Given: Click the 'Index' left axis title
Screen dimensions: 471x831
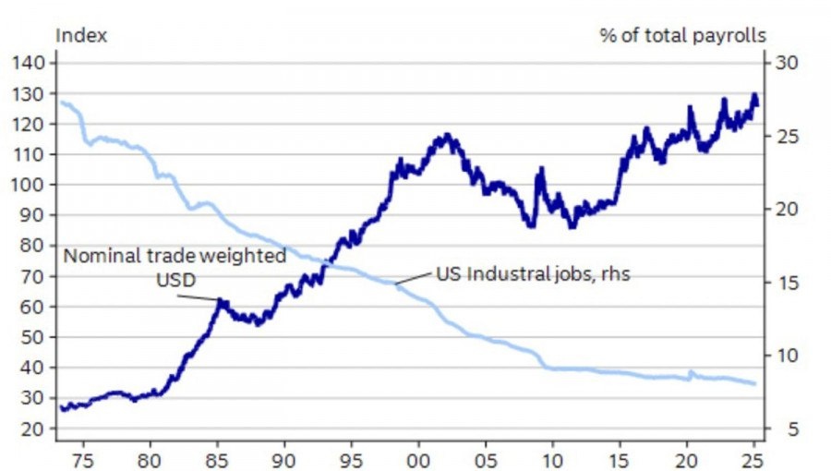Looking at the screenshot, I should pyautogui.click(x=81, y=36).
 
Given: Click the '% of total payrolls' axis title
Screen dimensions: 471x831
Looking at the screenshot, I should pyautogui.click(x=682, y=36).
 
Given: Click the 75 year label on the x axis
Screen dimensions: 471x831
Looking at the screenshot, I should pyautogui.click(x=81, y=457).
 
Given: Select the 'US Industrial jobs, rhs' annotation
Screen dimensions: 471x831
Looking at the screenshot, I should pyautogui.click(x=532, y=274).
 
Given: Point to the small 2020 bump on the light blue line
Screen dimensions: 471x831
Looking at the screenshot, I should pyautogui.click(x=691, y=372).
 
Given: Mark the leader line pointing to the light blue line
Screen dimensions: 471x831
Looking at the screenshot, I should pyautogui.click(x=413, y=279).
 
